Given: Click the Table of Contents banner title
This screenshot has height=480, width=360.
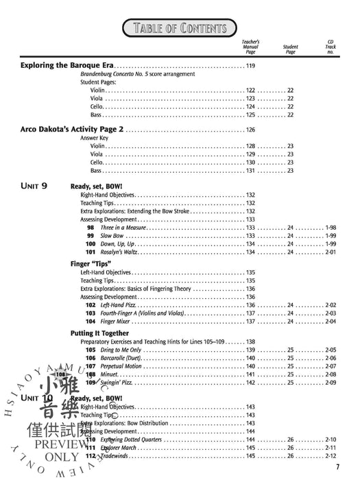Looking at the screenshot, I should pyautogui.click(x=180, y=27).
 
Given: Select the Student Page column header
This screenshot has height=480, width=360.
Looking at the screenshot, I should pyautogui.click(x=290, y=49).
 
